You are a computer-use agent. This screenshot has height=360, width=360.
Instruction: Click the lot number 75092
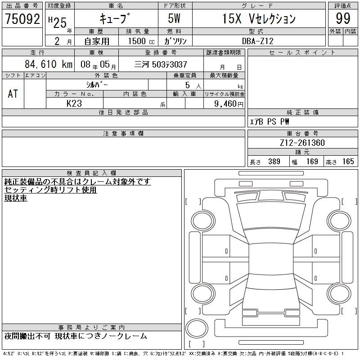click(x=22, y=19)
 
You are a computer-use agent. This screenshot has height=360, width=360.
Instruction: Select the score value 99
click(x=343, y=18)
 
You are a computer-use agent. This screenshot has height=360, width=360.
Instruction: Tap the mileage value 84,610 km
click(x=49, y=64)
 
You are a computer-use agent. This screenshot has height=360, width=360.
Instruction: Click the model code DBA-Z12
click(x=257, y=41)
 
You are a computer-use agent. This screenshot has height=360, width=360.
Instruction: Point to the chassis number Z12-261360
click(x=302, y=143)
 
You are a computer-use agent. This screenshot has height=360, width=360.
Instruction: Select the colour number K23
click(x=74, y=103)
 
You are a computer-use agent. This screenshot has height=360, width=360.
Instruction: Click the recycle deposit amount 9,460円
click(x=229, y=104)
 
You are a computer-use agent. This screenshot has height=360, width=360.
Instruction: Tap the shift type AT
click(x=13, y=94)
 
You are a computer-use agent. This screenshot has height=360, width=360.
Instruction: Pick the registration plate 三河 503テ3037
click(x=161, y=64)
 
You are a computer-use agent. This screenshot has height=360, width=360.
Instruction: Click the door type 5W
click(x=174, y=18)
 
